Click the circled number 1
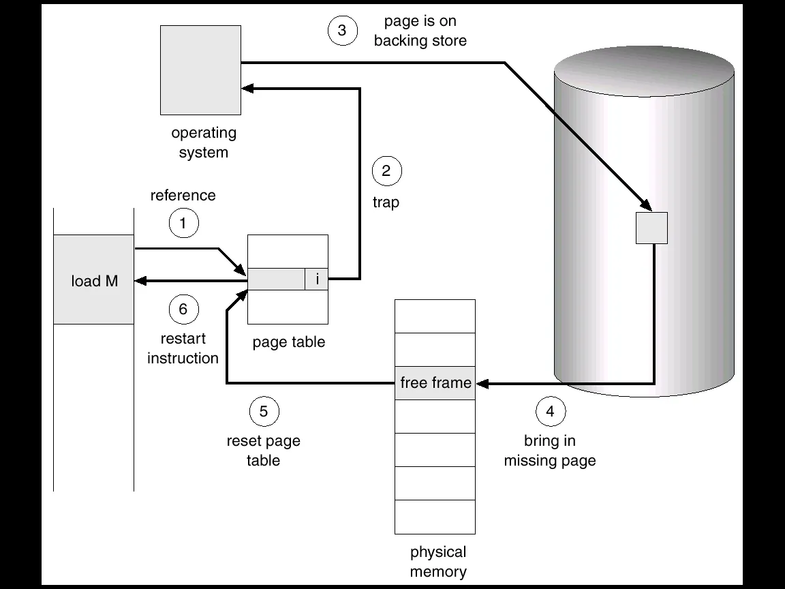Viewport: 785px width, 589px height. coord(183,223)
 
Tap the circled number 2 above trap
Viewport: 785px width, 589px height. coord(386,171)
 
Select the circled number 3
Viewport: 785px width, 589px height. coord(342,31)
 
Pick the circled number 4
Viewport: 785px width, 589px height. coord(551,411)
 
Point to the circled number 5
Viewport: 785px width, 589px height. coord(264,411)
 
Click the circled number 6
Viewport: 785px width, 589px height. coord(183,309)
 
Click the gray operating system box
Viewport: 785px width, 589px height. coord(200,70)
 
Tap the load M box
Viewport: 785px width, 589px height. coord(94,280)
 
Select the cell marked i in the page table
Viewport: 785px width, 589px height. coord(317,279)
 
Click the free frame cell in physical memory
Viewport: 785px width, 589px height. coord(435,382)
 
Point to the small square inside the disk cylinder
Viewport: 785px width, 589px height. coord(651,228)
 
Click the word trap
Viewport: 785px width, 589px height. coord(386,202)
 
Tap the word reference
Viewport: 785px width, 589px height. coord(183,196)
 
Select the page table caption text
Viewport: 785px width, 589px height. coord(289,342)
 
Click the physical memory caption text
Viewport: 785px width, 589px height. coord(438,561)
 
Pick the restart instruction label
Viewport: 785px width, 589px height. coord(183,348)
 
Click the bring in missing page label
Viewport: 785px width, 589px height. coord(550,451)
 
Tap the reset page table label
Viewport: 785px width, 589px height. coord(263,451)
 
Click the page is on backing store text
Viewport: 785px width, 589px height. coord(420,31)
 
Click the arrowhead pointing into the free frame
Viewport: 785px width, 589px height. coord(482,383)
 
